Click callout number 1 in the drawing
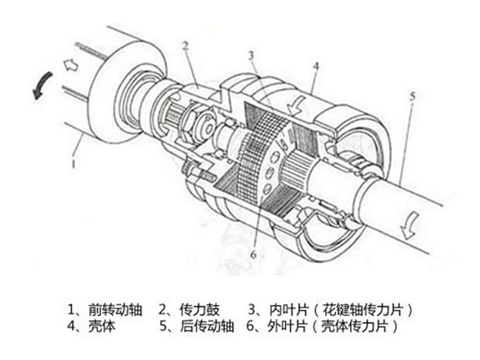tap(74, 163)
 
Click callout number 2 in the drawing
tap(185, 46)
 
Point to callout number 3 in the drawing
tap(252, 56)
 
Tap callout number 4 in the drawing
tap(316, 66)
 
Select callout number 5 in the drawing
tap(413, 96)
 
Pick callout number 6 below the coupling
tap(253, 255)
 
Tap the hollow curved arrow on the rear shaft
tap(410, 225)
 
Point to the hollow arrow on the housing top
tap(296, 106)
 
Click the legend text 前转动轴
tap(115, 310)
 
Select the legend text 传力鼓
tap(200, 310)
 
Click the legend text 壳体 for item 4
tap(101, 327)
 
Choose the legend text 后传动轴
tap(207, 327)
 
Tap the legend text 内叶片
tap(289, 310)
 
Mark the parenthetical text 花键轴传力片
tap(362, 310)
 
